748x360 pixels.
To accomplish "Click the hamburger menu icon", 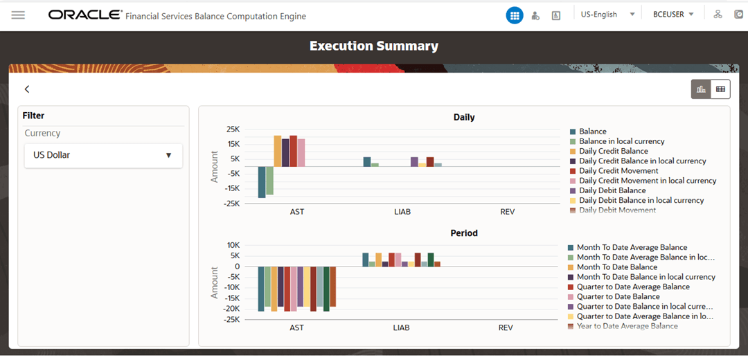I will coord(18,15).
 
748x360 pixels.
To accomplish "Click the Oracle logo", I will coord(84,15).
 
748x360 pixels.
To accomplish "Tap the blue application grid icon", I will coord(515,15).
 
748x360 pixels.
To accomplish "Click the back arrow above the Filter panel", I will coord(27,89).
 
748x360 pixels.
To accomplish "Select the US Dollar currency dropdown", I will coord(103,155).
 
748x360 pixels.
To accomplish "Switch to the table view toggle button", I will coord(720,89).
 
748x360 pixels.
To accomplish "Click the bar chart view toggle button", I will coord(701,89).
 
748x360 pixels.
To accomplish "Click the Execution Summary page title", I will coord(374,46).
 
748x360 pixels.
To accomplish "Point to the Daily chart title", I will coord(463,117).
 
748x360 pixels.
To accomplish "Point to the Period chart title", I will coord(463,233).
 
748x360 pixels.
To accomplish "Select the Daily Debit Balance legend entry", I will coord(612,190).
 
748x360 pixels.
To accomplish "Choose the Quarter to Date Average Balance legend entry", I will coord(633,287).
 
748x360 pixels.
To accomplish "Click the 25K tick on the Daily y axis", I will coord(232,129).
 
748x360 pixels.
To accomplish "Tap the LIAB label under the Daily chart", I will coord(402,212).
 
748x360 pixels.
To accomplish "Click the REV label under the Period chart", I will coord(506,328).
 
